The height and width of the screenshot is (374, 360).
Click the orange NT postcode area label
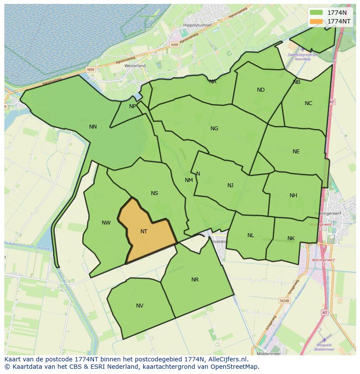click(x=144, y=232)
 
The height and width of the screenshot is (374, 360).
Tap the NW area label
click(x=106, y=223)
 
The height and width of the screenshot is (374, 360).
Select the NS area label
click(x=154, y=193)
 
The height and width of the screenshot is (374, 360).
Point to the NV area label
click(x=140, y=306)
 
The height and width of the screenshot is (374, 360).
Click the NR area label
click(x=195, y=280)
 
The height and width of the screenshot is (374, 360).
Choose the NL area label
click(x=251, y=235)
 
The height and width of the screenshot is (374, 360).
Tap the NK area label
click(x=291, y=238)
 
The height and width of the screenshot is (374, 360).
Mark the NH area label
click(x=293, y=195)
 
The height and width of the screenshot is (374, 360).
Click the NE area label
click(x=296, y=152)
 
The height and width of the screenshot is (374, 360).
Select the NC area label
click(x=308, y=103)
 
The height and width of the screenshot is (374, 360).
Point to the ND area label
click(x=261, y=90)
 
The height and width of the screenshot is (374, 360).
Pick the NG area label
click(x=214, y=129)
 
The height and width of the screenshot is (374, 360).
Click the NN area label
click(x=93, y=127)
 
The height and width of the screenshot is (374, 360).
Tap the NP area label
click(x=133, y=106)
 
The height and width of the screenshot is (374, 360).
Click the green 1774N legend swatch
click(x=317, y=13)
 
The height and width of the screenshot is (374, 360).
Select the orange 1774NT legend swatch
click(x=317, y=21)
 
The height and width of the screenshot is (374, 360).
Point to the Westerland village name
click(x=135, y=66)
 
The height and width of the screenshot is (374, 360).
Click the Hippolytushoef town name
click(x=197, y=26)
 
